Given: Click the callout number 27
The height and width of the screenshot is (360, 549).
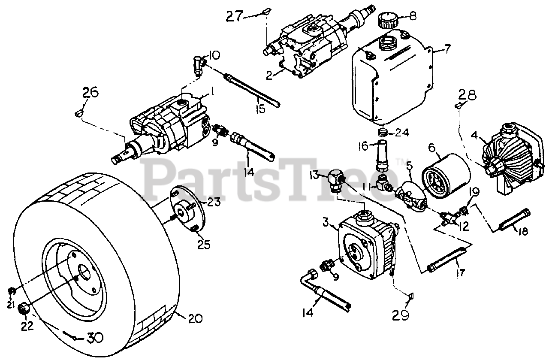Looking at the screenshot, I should pyautogui.click(x=234, y=16).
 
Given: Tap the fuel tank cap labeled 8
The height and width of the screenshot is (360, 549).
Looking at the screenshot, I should pyautogui.click(x=387, y=20).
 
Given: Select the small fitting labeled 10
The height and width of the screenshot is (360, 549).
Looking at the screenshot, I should pyautogui.click(x=199, y=65).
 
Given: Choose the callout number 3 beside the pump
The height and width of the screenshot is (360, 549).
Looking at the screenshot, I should pyautogui.click(x=326, y=222).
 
